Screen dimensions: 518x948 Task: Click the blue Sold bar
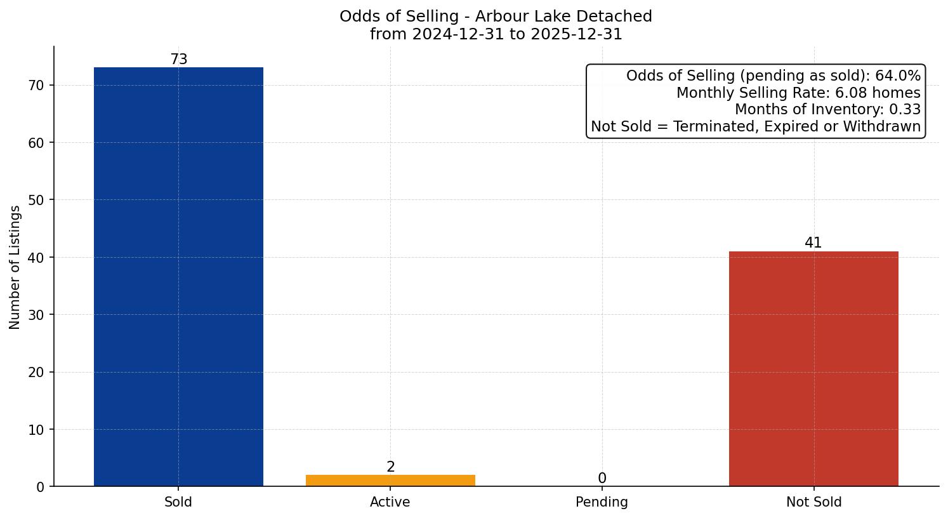178,276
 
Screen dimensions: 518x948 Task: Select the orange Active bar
390,481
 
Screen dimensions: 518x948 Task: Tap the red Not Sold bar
813,368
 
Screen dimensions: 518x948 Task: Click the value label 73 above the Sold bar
179,60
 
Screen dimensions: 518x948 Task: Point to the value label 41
813,243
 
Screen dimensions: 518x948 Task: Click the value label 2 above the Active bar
391,467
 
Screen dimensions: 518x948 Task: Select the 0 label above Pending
602,479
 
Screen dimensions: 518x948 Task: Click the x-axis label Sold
178,502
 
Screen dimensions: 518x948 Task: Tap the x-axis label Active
390,502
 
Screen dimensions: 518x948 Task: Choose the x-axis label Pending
602,502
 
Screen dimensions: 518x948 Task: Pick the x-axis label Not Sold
813,502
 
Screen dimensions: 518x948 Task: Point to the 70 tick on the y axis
37,86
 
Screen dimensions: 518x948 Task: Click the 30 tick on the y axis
37,315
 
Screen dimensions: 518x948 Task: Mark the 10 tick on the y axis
37,430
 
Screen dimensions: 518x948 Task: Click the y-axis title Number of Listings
15,267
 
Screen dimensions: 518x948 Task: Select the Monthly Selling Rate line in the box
798,93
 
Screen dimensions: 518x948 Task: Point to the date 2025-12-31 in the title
576,34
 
